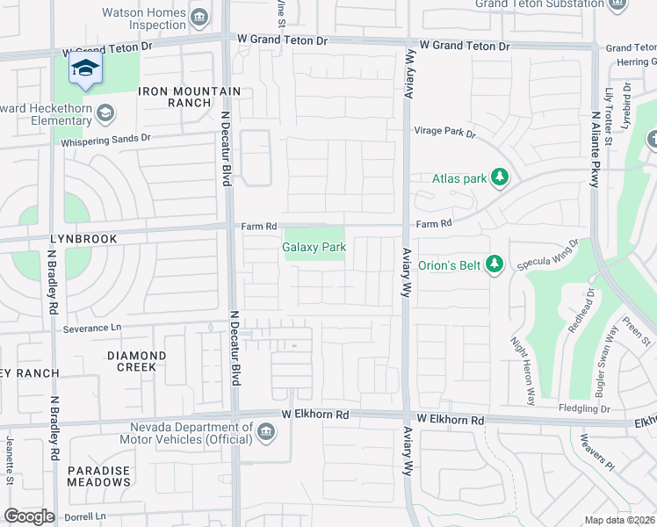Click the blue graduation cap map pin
tap(85, 69)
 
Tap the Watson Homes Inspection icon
tap(199, 16)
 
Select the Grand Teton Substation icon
tap(617, 5)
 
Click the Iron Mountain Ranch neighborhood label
tap(189, 97)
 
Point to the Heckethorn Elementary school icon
tap(105, 112)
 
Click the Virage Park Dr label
tap(444, 134)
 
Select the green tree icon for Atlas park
tap(500, 178)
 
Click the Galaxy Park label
tap(314, 248)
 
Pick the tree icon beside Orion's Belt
tap(495, 263)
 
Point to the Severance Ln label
tap(91, 328)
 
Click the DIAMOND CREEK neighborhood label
tap(136, 361)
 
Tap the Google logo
tap(29, 516)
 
